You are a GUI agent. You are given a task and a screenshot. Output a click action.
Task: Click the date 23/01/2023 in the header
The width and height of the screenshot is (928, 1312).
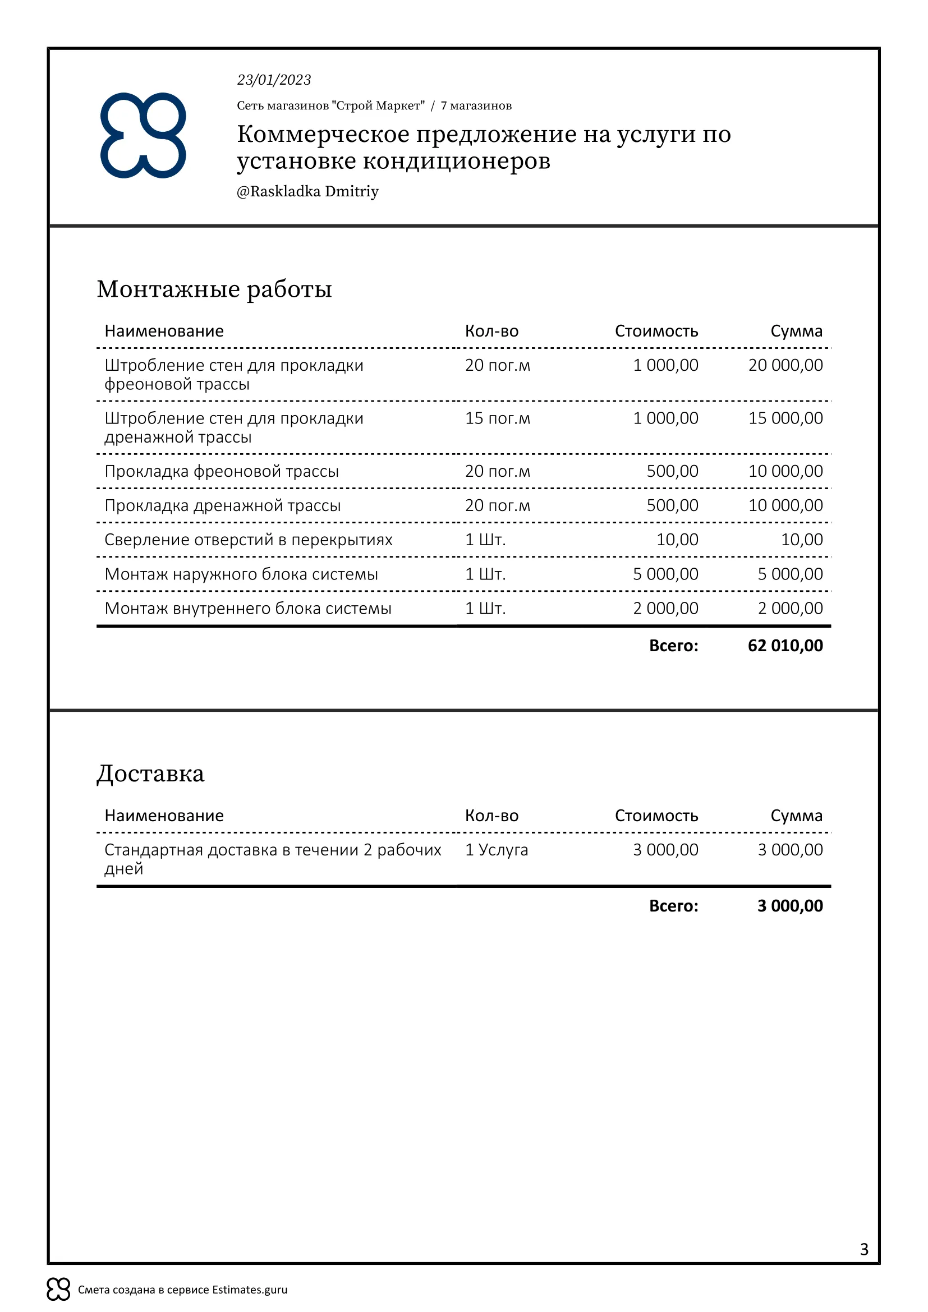click(x=274, y=80)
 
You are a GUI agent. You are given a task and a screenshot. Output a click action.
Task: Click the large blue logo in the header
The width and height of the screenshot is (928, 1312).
click(x=144, y=135)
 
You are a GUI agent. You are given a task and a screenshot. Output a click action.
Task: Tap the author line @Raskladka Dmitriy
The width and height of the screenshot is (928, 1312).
click(x=307, y=191)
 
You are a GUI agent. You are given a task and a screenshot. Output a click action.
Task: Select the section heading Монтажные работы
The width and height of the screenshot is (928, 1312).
click(x=214, y=289)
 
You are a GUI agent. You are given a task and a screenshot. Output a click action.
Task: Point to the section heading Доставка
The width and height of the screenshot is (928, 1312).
click(x=150, y=774)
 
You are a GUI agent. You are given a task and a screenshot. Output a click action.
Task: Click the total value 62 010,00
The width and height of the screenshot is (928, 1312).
click(x=785, y=646)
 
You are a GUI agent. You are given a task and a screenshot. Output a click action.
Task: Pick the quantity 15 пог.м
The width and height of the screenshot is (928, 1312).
click(x=497, y=418)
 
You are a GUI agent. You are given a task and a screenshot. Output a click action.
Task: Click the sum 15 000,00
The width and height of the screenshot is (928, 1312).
click(x=785, y=418)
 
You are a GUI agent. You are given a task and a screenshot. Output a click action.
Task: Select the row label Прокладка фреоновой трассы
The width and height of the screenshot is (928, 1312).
click(x=222, y=471)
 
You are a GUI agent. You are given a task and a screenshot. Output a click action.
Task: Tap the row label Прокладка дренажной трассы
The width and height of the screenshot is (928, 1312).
click(x=223, y=506)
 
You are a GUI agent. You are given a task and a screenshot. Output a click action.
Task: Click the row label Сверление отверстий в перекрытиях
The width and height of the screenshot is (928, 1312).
click(x=249, y=540)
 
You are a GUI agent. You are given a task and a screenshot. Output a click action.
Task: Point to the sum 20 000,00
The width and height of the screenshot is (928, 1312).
click(x=785, y=365)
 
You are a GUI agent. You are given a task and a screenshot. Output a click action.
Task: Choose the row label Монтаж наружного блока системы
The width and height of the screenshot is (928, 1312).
click(x=241, y=574)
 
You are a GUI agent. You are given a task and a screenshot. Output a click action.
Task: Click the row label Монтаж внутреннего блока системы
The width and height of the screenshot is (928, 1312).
click(x=248, y=609)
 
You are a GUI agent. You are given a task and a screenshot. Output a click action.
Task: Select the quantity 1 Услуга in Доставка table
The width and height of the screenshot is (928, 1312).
click(x=497, y=850)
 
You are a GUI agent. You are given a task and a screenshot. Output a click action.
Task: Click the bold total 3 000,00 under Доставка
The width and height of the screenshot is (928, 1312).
click(x=790, y=906)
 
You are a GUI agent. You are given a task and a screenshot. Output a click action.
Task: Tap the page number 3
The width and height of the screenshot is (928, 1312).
click(x=864, y=1250)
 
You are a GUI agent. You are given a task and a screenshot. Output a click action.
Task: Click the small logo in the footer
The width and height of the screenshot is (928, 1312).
click(x=58, y=1289)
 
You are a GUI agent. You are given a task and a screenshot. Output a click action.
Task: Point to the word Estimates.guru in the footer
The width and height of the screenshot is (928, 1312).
click(x=250, y=1290)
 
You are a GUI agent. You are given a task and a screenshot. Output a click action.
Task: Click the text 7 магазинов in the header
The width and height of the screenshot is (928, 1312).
click(x=476, y=105)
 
